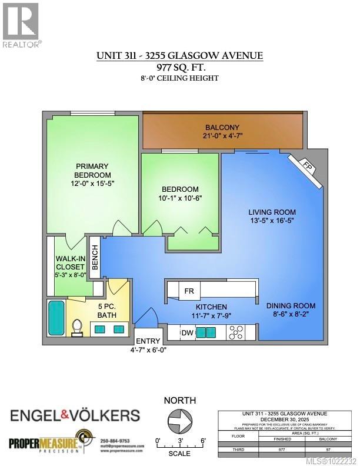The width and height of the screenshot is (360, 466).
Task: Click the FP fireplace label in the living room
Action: pos(307,165)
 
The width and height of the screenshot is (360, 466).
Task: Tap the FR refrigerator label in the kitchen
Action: pos(189,291)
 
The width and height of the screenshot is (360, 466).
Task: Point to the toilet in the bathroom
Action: pos(76,327)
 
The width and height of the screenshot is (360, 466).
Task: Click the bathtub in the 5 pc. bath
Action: pos(56,318)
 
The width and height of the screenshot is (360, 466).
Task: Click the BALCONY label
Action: pos(222,128)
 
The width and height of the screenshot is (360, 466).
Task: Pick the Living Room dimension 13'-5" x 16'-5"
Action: pos(271,222)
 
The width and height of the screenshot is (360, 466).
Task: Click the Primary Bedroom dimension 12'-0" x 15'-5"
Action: pos(92,184)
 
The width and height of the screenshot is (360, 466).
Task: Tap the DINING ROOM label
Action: pos(291,305)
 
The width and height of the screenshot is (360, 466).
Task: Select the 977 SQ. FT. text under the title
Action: pos(179,67)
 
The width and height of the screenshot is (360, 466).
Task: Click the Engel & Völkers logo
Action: pos(75,415)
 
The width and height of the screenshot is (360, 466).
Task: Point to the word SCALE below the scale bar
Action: pos(179,454)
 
